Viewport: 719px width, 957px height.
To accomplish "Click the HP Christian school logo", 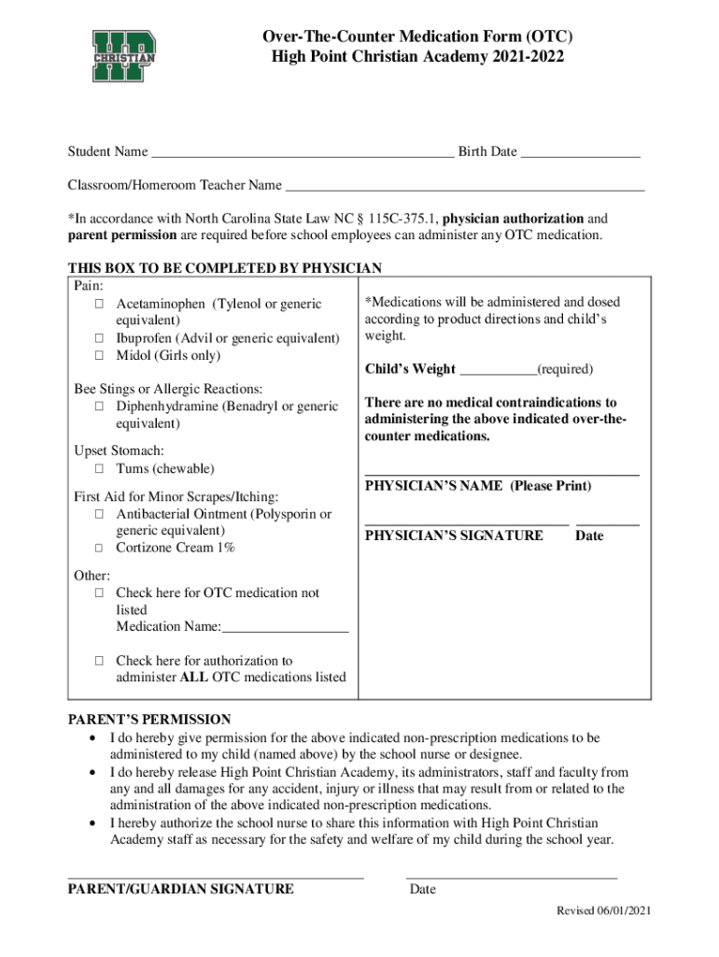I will point(123,58).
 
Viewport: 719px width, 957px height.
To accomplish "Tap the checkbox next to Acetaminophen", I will point(98,305).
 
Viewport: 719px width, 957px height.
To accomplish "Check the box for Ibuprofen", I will point(98,338).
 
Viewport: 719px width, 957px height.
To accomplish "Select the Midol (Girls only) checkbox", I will point(98,356).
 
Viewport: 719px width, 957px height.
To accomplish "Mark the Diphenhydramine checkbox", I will point(98,407).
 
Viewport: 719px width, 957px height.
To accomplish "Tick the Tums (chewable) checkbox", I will point(98,469).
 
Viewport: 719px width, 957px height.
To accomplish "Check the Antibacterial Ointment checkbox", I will point(98,515).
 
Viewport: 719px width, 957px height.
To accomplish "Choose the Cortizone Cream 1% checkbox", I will point(98,549).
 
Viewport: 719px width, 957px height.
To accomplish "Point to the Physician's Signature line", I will point(466,525).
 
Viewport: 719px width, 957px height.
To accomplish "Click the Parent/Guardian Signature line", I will point(215,877).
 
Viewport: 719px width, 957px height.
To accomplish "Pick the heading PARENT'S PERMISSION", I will point(149,720).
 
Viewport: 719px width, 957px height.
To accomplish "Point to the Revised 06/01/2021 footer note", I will point(604,911).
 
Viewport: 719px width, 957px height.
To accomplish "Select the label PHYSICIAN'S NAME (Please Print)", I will point(477,487).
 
